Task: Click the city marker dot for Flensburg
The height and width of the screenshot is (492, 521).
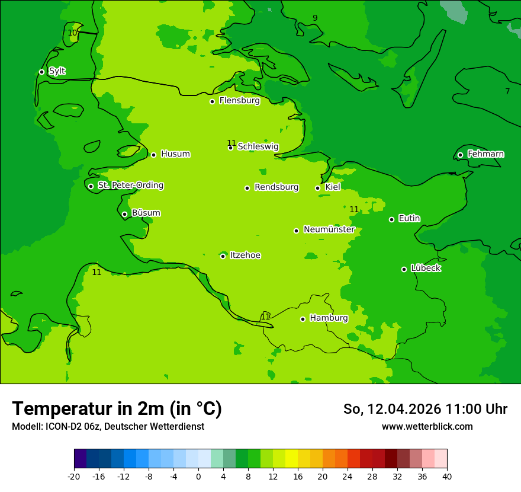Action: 212,101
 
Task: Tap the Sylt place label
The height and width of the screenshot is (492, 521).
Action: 57,71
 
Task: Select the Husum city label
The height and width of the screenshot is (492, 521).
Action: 175,154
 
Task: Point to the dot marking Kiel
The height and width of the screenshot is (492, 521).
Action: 317,188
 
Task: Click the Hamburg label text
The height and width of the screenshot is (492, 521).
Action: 329,318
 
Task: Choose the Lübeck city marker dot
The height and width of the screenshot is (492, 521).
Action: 404,269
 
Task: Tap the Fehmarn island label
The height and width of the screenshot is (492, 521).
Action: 485,154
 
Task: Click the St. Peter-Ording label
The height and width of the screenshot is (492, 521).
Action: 130,186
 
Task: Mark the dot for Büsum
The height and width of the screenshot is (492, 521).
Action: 124,214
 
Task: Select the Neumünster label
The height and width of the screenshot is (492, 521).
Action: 329,229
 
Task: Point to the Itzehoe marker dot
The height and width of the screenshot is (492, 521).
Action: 223,256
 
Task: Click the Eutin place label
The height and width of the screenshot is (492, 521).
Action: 409,219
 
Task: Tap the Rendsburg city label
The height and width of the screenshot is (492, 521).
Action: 276,187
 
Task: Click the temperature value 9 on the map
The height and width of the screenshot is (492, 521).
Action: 315,18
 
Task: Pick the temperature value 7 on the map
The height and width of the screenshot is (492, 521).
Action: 507,91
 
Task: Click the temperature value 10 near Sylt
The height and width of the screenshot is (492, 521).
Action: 72,33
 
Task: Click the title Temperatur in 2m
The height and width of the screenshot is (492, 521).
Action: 117,408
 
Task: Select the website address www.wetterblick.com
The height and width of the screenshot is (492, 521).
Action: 427,426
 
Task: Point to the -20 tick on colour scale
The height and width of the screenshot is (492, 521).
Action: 74,476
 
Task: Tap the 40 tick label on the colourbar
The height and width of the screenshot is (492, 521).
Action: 446,476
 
